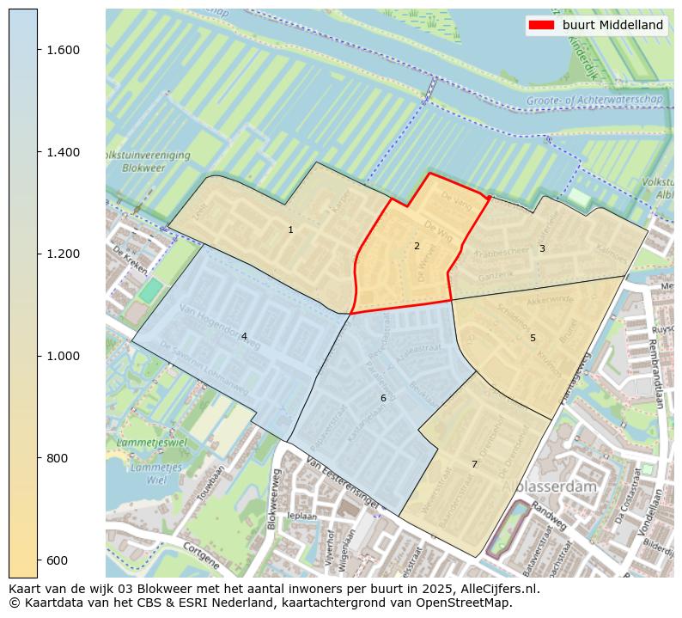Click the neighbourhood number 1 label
[x=290, y=229]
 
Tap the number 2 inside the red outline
[x=417, y=246]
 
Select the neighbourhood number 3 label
[x=542, y=248]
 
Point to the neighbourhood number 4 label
[x=244, y=336]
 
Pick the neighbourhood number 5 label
[x=533, y=338]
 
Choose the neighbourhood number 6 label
[x=383, y=398]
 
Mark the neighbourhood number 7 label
[x=474, y=464]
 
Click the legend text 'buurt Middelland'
[x=613, y=25]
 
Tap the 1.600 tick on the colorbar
[x=64, y=50]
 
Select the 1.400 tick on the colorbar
[x=64, y=152]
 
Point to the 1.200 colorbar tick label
[x=64, y=254]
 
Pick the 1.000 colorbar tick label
[x=64, y=356]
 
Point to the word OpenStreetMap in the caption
[x=467, y=603]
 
